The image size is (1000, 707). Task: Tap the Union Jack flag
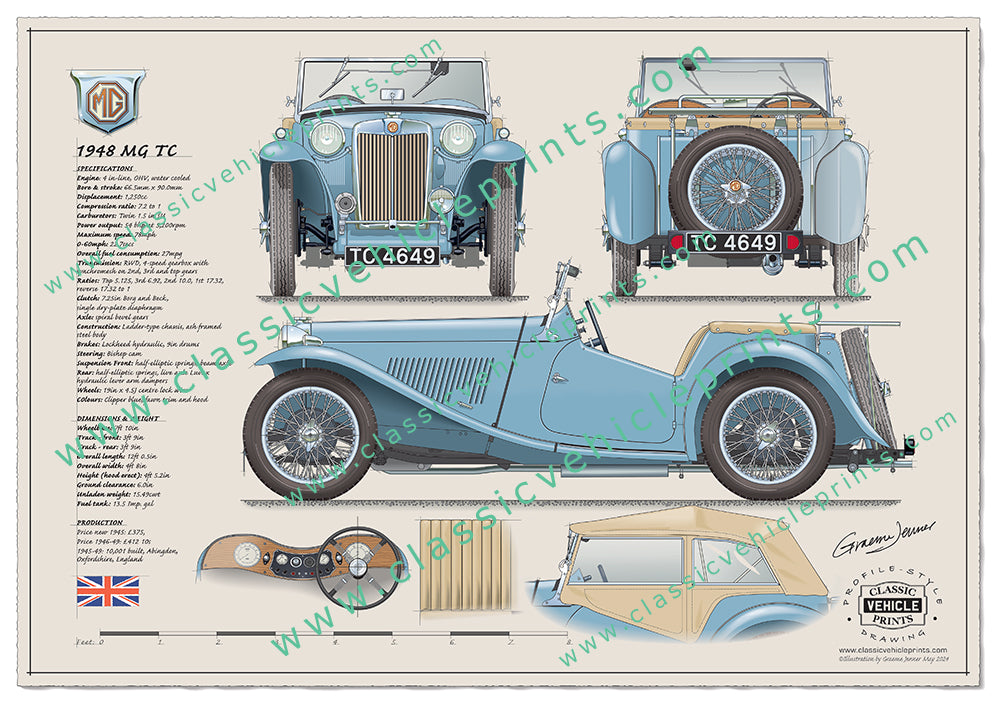[x=108, y=591]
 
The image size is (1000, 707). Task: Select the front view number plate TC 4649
[x=393, y=255]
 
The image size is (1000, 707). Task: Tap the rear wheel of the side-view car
[x=767, y=433]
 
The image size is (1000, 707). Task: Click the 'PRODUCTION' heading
[x=99, y=522]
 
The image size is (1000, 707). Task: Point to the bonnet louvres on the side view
[x=440, y=376]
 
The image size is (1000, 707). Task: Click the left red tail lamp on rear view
[x=676, y=242]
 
